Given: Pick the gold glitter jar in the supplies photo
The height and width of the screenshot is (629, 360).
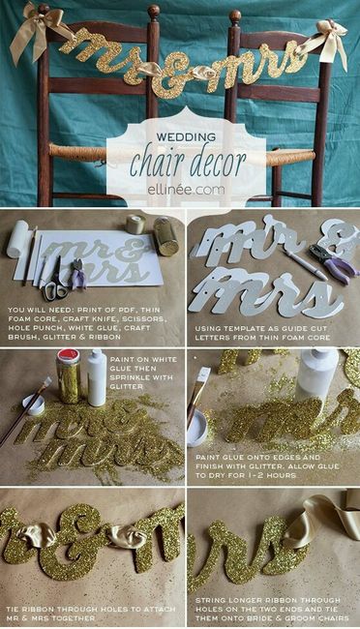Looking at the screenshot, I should [165, 235].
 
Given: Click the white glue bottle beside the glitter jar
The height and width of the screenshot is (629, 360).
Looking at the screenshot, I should [97, 377].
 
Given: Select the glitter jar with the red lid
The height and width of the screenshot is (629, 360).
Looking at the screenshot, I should [69, 376].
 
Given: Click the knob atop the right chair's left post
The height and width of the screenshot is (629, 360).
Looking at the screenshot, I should [234, 17].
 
